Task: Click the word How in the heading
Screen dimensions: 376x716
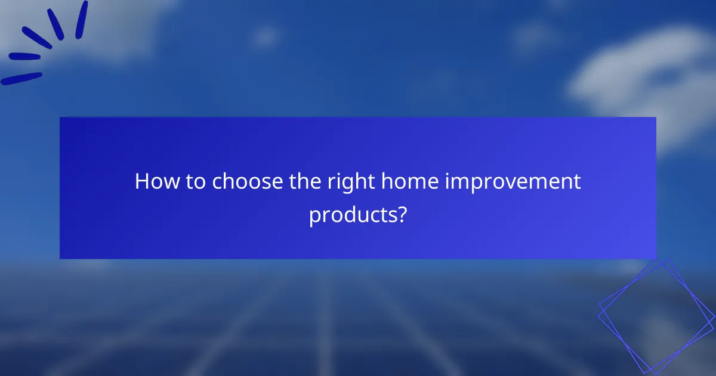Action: (155, 181)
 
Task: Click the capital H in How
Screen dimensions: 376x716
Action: (142, 181)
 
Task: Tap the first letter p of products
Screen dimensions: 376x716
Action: (314, 215)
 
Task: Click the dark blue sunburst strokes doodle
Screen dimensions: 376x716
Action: (45, 45)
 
